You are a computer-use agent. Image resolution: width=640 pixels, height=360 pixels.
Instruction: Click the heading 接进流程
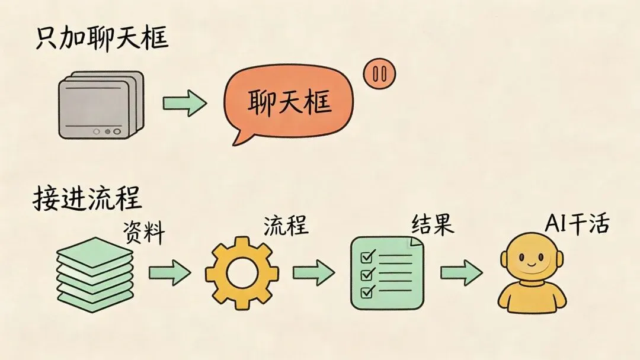[87, 198]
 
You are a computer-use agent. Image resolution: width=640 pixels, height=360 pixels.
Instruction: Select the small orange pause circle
[379, 75]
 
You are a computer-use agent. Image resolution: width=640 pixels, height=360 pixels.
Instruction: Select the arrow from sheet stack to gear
[169, 273]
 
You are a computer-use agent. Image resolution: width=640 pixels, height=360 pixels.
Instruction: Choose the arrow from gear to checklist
[313, 273]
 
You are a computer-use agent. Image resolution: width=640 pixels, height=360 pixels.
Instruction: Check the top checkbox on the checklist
[366, 256]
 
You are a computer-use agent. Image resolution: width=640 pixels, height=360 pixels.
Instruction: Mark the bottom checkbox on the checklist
[366, 291]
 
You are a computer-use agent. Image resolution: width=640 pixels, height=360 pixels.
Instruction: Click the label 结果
[433, 224]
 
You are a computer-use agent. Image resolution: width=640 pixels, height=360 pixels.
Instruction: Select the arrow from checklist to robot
[460, 273]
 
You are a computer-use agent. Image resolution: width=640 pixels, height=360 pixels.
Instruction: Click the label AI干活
[576, 225]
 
